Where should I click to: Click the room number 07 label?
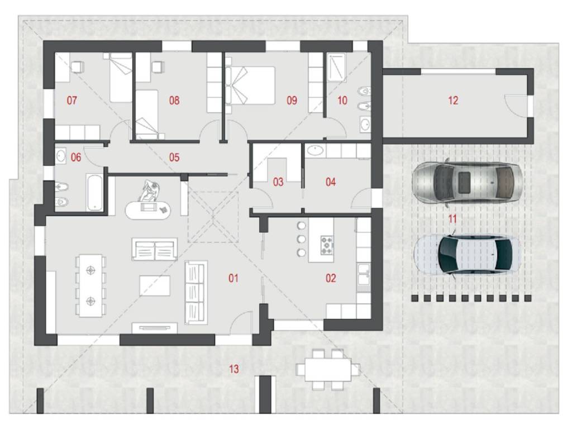(x=72, y=100)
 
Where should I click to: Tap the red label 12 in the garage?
(x=452, y=100)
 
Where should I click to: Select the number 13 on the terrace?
(x=234, y=369)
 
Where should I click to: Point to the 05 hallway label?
(x=174, y=157)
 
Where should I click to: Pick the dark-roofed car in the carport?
(x=468, y=255)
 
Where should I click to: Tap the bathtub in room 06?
(x=95, y=192)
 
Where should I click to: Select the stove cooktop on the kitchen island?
(x=327, y=245)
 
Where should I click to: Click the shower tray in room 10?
(x=336, y=66)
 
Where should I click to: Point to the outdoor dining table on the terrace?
(x=328, y=369)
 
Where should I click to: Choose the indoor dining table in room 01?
(x=90, y=285)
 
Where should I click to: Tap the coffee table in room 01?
(x=155, y=285)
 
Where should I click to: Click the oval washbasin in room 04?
(x=316, y=150)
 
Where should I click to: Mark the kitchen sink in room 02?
(x=364, y=274)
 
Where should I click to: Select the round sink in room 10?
(x=364, y=125)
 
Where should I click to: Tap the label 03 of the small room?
(x=278, y=182)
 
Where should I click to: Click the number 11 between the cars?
(x=452, y=219)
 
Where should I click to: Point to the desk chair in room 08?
(x=157, y=67)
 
